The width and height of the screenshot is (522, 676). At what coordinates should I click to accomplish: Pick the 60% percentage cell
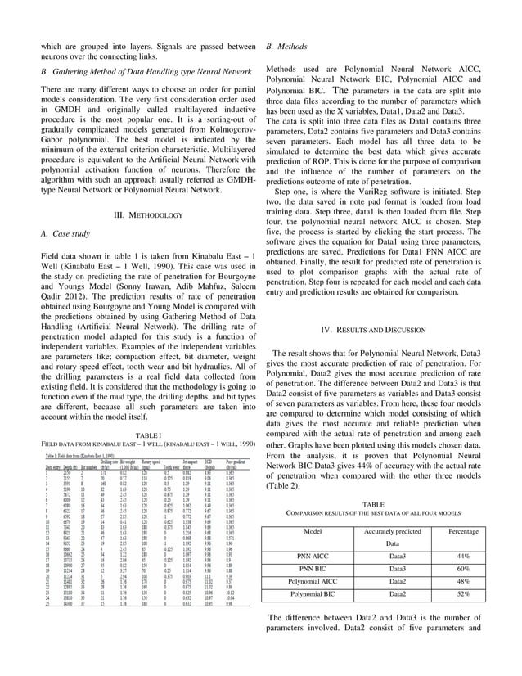tap(463, 568)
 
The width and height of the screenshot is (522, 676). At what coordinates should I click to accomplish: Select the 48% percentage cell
tap(463, 582)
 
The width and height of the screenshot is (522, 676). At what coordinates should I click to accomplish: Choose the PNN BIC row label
tap(312, 568)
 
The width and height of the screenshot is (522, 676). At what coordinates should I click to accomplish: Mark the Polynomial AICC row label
tap(312, 582)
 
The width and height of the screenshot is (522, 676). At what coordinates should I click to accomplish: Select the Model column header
tap(312, 531)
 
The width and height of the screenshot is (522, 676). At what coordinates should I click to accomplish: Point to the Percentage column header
tap(463, 531)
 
